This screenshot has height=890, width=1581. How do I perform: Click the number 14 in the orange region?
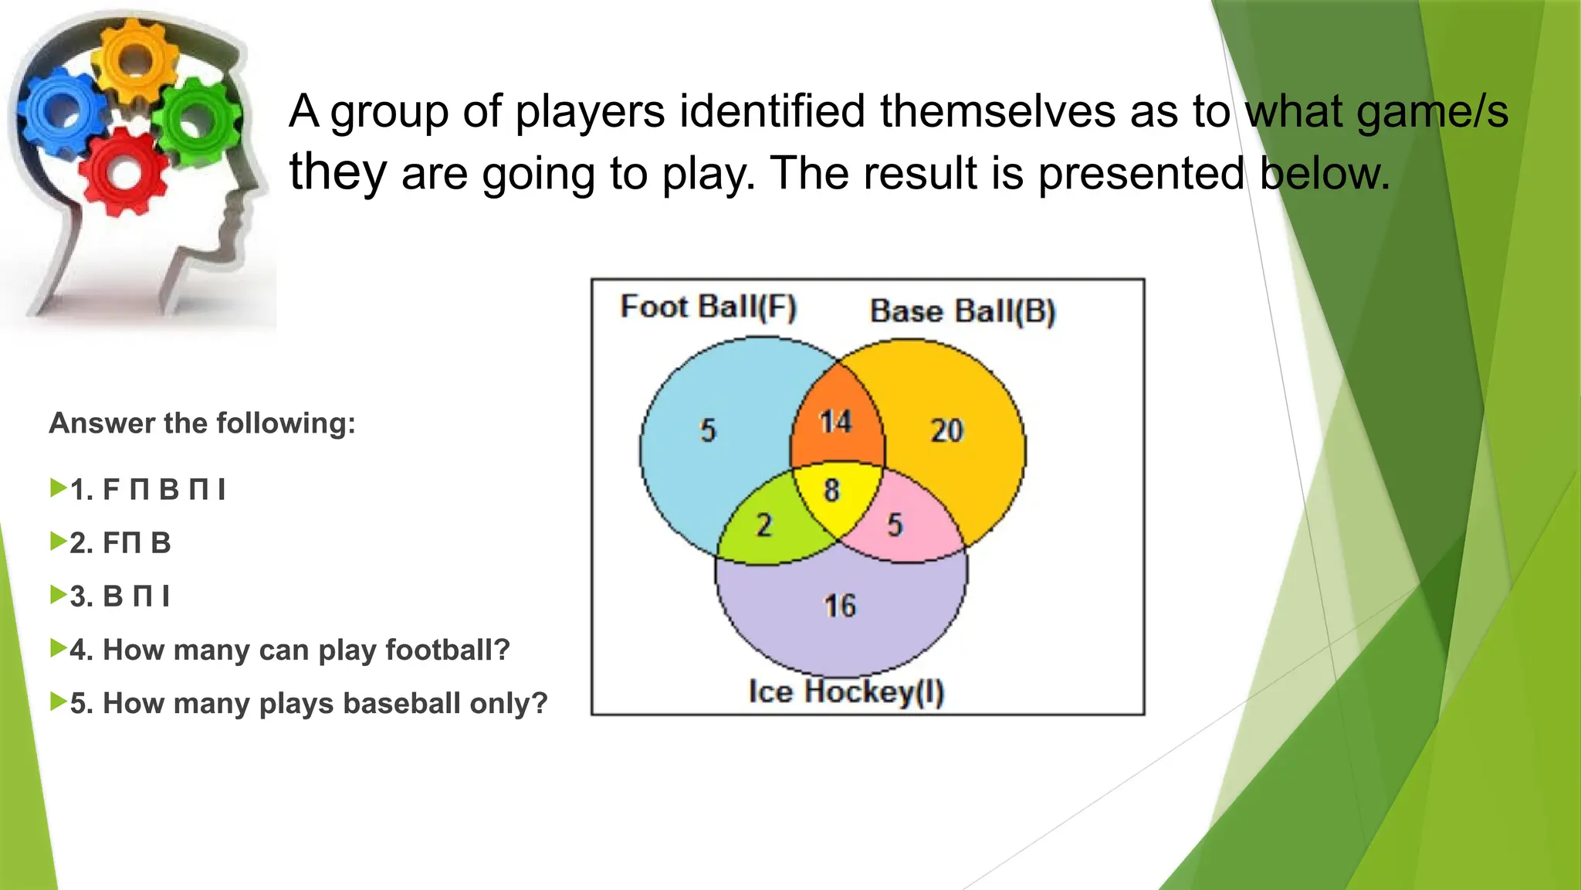click(835, 422)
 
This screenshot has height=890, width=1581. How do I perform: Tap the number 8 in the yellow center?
click(831, 490)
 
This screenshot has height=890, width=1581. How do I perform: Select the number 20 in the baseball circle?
click(947, 430)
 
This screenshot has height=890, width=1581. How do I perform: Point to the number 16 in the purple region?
click(840, 606)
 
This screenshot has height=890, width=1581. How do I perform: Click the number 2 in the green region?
click(763, 525)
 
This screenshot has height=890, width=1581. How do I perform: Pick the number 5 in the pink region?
click(895, 525)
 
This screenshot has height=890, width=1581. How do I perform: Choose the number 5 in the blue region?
click(708, 430)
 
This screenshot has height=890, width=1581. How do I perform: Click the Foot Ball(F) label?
click(708, 307)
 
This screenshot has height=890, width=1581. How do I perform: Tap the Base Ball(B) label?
click(962, 311)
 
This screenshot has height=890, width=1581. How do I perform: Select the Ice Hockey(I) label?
click(846, 691)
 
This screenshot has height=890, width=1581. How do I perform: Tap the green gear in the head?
click(197, 120)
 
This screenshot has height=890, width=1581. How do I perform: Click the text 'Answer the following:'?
click(202, 423)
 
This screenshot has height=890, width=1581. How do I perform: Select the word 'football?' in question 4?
click(448, 651)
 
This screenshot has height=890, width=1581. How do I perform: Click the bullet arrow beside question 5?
click(58, 701)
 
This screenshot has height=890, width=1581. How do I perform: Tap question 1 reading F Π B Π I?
click(147, 490)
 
